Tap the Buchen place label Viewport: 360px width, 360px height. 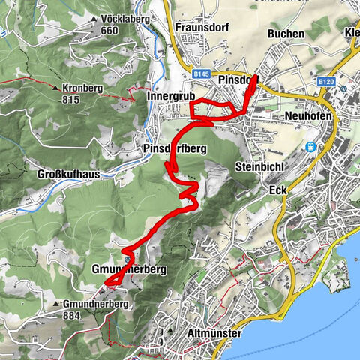(286, 34)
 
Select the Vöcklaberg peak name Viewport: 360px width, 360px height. (125, 18)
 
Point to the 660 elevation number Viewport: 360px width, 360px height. (109, 30)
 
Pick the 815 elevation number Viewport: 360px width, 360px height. (72, 100)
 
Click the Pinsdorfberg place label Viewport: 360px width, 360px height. (174, 149)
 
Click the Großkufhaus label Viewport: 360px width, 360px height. (68, 174)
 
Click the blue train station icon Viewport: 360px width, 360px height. (310, 145)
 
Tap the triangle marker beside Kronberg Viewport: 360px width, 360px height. (56, 88)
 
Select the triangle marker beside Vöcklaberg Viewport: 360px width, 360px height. (93, 19)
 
